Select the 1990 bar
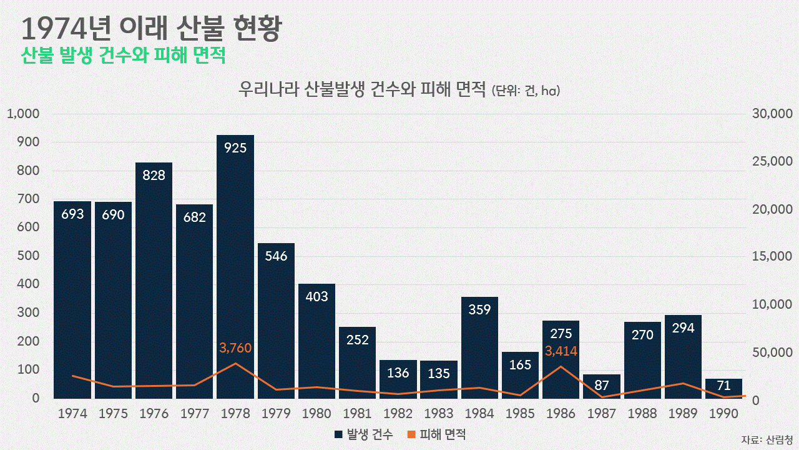[x=724, y=389]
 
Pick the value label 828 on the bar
[x=154, y=175]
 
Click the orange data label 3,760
[x=235, y=348]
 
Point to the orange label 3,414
[x=561, y=351]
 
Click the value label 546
[x=276, y=256]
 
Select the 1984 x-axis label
[x=479, y=414]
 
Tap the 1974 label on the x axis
[x=72, y=414]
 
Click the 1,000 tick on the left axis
[x=23, y=114]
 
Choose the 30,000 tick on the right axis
[x=772, y=114]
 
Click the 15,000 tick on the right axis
[x=772, y=257]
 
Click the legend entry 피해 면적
[x=437, y=434]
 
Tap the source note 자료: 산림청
[x=767, y=439]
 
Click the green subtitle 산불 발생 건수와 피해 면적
[x=123, y=56]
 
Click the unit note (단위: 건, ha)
[x=526, y=91]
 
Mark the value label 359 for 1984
[x=479, y=309]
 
